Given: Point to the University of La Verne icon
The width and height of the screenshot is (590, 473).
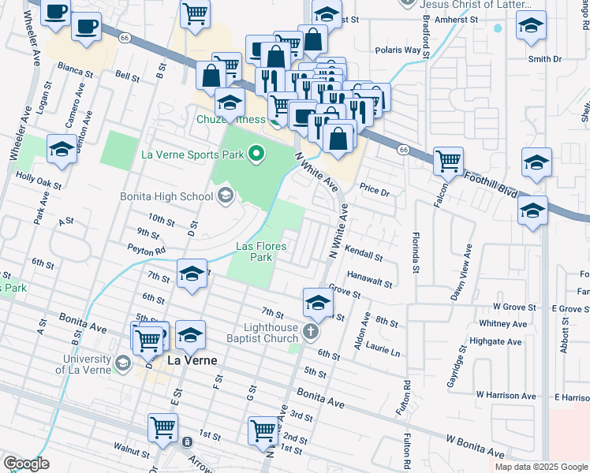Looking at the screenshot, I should (x=122, y=363).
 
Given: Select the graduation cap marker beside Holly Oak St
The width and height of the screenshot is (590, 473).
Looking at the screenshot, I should (x=62, y=149).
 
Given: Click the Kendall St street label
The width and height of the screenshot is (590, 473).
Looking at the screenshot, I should (x=364, y=256).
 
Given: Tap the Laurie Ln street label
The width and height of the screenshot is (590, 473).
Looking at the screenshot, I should (x=383, y=350).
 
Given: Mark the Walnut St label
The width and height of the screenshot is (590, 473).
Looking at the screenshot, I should (x=131, y=453).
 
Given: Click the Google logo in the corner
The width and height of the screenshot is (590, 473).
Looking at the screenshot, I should (x=26, y=463).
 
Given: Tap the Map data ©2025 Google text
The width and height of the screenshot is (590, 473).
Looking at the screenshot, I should (x=540, y=467).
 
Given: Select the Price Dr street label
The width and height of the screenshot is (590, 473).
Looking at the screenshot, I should (x=375, y=191).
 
